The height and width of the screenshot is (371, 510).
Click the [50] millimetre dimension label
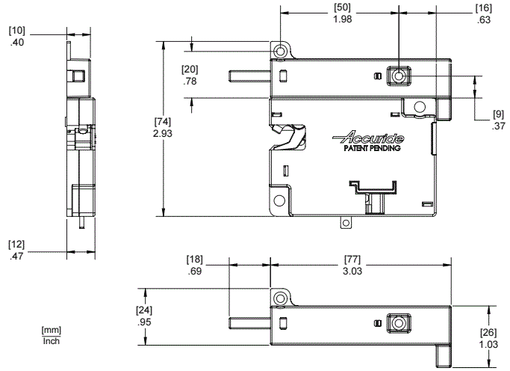pyautogui.click(x=343, y=7)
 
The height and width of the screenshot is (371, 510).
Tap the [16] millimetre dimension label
pyautogui.click(x=482, y=7)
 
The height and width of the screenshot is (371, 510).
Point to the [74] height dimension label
pyautogui.click(x=164, y=121)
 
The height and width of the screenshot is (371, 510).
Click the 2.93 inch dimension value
pyautogui.click(x=164, y=132)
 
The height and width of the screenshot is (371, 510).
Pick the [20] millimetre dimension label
pyautogui.click(x=190, y=70)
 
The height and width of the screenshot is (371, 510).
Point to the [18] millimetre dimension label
pyautogui.click(x=195, y=259)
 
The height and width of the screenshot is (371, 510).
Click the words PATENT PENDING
pyautogui.click(x=373, y=148)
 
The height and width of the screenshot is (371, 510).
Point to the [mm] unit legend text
pyautogui.click(x=51, y=331)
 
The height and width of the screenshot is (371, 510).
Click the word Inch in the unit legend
pyautogui.click(x=51, y=341)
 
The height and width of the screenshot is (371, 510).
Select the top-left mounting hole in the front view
pyautogui.click(x=280, y=51)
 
